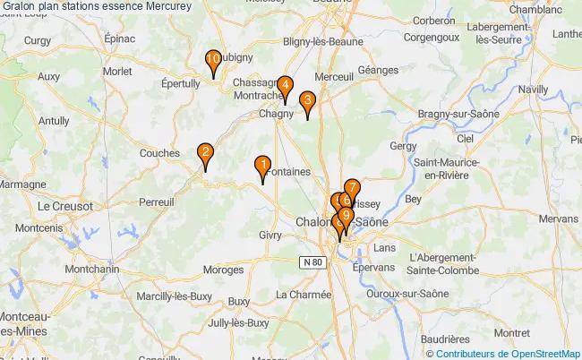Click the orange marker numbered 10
(x=213, y=62)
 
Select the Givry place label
(x=270, y=234)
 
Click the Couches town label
(x=160, y=153)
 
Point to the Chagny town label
(x=276, y=114)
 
